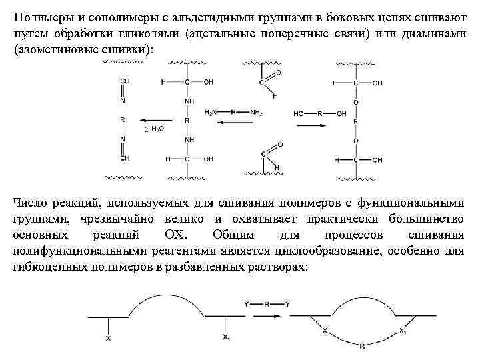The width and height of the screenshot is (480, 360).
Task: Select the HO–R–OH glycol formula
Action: tap(320, 113)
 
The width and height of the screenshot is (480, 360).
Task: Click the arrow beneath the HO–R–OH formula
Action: tap(320, 125)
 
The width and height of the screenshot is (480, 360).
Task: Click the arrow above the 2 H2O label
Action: tap(154, 121)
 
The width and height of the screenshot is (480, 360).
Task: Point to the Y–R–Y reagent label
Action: tap(266, 304)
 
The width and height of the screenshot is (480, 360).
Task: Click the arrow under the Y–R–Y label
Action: tap(266, 313)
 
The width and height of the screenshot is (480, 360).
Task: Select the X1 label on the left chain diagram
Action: tap(227, 337)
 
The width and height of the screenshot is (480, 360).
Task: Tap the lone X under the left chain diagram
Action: tap(108, 338)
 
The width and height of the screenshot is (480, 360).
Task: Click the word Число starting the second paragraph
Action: tap(31, 203)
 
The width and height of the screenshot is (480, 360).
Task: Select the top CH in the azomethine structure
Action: tap(125, 81)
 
